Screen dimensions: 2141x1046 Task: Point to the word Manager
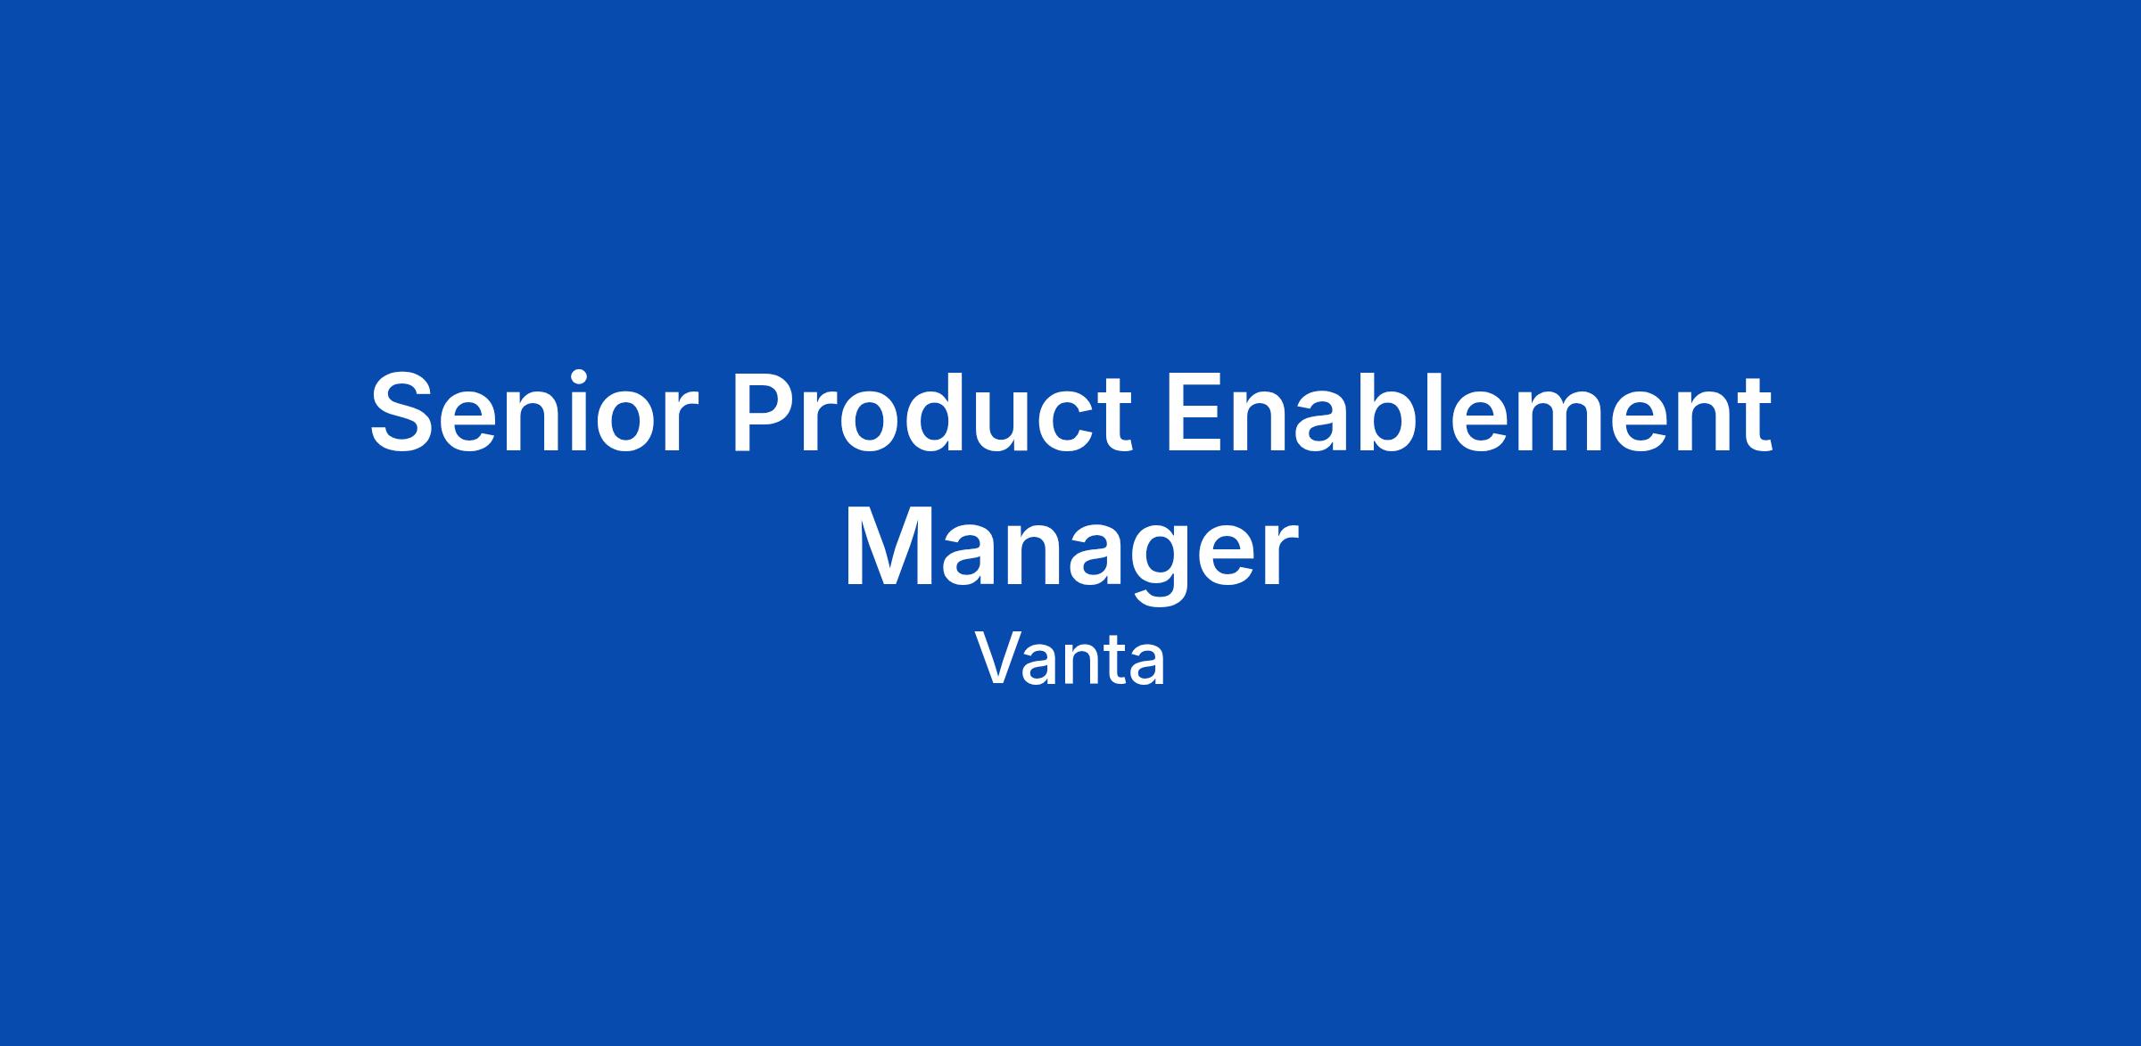click(1070, 550)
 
